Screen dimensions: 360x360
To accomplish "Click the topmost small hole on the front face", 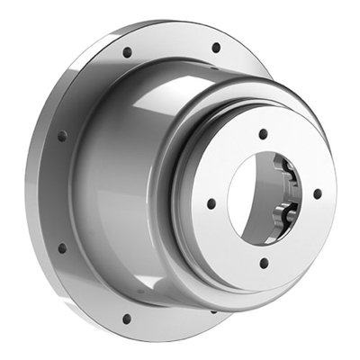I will (263, 133).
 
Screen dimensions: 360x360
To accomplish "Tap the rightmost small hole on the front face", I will (317, 193).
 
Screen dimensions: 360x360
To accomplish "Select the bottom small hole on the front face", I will (264, 264).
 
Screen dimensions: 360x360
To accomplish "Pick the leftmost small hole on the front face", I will (210, 204).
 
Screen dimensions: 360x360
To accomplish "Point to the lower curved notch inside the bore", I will (286, 214).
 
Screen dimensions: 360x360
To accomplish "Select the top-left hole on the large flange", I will (127, 52).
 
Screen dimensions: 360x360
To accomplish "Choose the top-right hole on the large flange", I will (215, 48).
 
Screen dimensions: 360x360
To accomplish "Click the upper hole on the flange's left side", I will (62, 136).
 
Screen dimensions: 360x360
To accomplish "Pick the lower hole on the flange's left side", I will (62, 247).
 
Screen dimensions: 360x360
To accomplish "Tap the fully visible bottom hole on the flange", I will (127, 318).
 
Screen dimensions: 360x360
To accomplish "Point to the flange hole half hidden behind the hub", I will (213, 311).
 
